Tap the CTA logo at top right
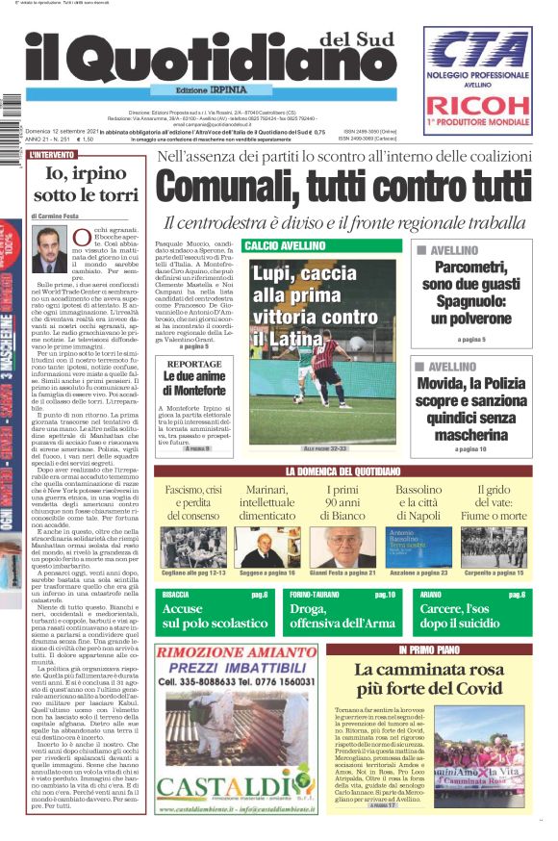tap(478, 50)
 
